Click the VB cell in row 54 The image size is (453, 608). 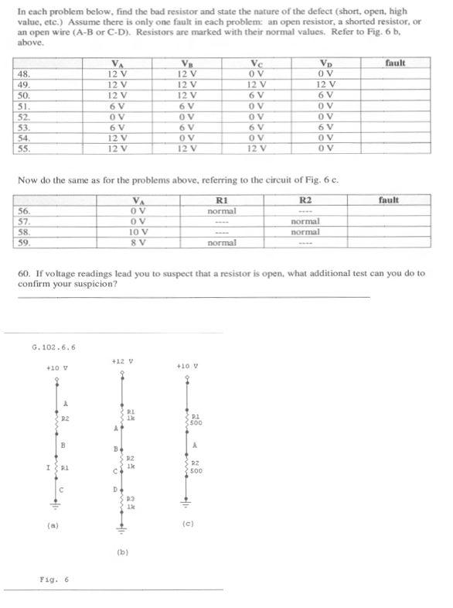(187, 138)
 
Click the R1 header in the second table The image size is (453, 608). (222, 200)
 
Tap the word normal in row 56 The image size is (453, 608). (222, 210)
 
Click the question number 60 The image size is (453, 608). (23, 273)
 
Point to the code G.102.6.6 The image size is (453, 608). (54, 347)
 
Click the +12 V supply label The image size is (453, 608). (122, 362)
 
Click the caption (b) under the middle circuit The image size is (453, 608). (121, 552)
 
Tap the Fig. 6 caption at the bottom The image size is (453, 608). (53, 579)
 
